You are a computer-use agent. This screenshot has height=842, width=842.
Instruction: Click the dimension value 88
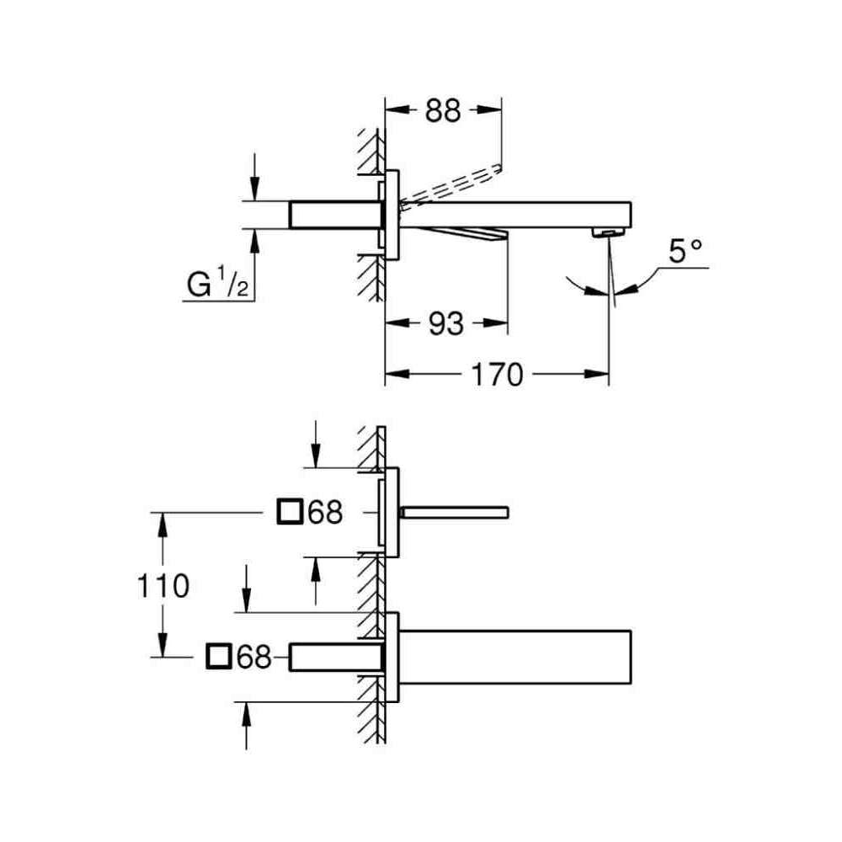click(x=443, y=110)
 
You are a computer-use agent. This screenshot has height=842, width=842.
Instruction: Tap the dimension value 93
click(x=446, y=324)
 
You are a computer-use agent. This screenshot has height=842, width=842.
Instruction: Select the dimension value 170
click(x=497, y=375)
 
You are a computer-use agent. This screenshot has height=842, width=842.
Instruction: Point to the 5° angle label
click(x=685, y=250)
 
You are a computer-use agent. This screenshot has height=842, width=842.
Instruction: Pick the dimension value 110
click(x=163, y=585)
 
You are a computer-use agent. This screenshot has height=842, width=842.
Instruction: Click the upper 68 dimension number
click(x=325, y=512)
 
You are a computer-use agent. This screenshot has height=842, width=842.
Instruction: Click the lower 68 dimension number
click(x=254, y=656)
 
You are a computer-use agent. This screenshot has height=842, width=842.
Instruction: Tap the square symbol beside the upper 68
click(x=290, y=512)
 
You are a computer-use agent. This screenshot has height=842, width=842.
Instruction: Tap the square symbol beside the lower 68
click(x=219, y=656)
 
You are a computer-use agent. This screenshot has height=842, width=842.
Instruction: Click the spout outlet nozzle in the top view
click(x=608, y=232)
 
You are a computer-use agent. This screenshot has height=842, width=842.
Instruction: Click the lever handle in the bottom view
click(x=454, y=512)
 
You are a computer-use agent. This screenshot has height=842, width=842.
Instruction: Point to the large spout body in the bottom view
click(x=515, y=657)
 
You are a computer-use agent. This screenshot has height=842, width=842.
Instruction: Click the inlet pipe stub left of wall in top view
click(x=335, y=215)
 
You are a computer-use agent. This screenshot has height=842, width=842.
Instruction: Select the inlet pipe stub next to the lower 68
click(x=336, y=656)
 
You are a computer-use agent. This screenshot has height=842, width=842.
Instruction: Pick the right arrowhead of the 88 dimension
click(x=489, y=110)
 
